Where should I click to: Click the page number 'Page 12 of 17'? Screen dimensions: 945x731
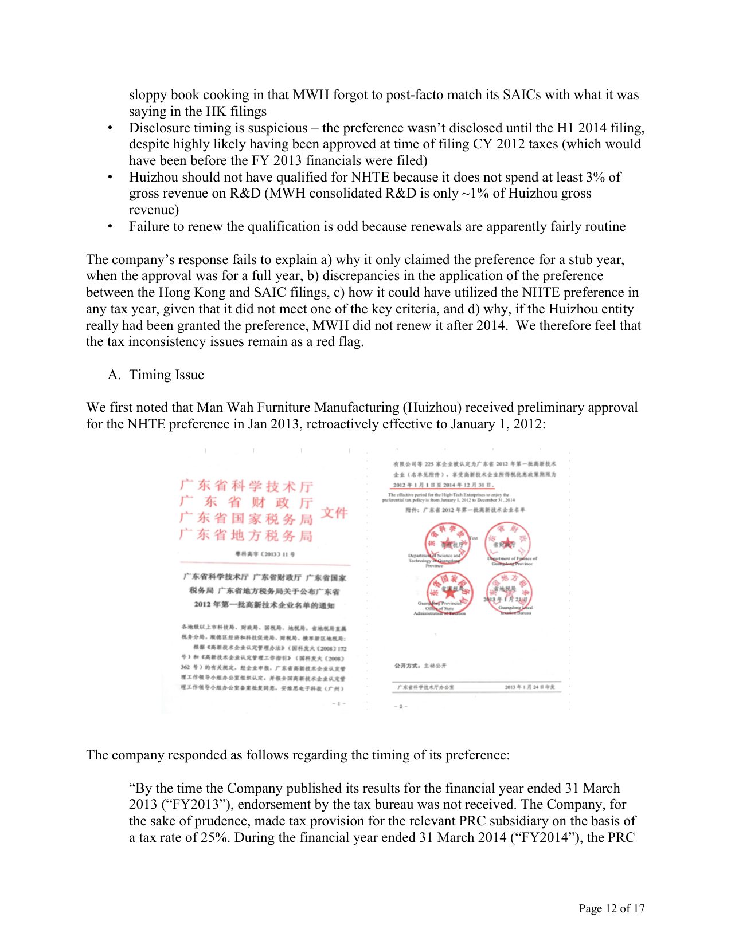coord(611,908)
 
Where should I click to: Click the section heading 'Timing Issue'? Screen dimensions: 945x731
coord(166,375)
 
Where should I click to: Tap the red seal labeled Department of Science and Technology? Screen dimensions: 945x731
coord(448,542)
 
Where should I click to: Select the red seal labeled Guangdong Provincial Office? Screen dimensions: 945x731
coord(450,592)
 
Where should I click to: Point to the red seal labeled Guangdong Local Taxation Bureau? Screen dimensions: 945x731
coord(509,592)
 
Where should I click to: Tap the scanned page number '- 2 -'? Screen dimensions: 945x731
coord(401,706)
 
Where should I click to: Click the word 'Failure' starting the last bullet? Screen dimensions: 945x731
coord(148,226)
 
